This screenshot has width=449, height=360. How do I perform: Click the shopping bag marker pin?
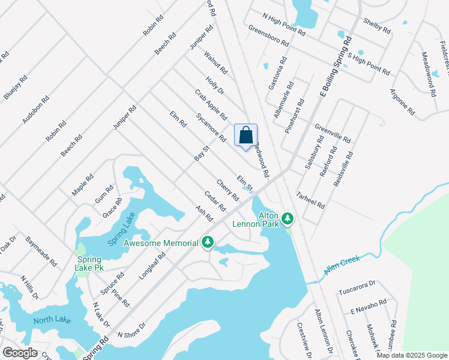point(246,136)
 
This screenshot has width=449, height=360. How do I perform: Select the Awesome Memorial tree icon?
point(208,242)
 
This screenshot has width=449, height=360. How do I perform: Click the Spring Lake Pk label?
point(88,263)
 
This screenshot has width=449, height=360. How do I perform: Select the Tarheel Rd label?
point(311,200)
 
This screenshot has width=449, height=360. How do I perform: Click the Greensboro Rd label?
point(269,36)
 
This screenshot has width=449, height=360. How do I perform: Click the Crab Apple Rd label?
point(211,104)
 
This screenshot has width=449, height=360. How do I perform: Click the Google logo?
point(20,353)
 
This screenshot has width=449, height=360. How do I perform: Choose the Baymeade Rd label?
point(41,251)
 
